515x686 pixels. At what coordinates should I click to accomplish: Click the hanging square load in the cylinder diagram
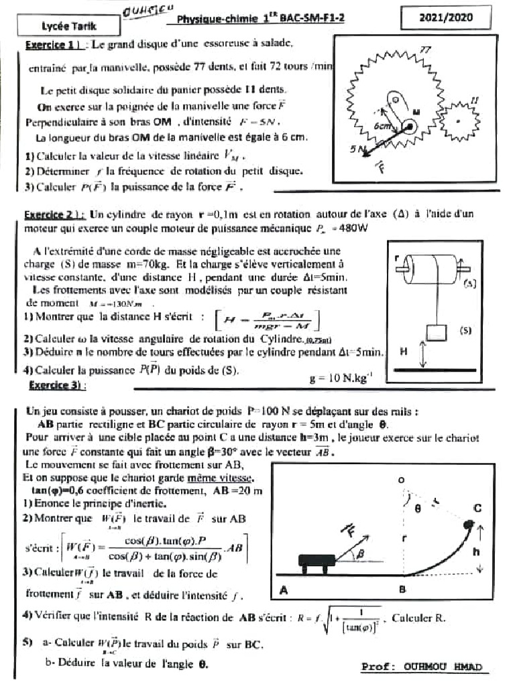click(x=436, y=333)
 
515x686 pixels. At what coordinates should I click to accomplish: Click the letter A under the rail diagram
click(x=282, y=590)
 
